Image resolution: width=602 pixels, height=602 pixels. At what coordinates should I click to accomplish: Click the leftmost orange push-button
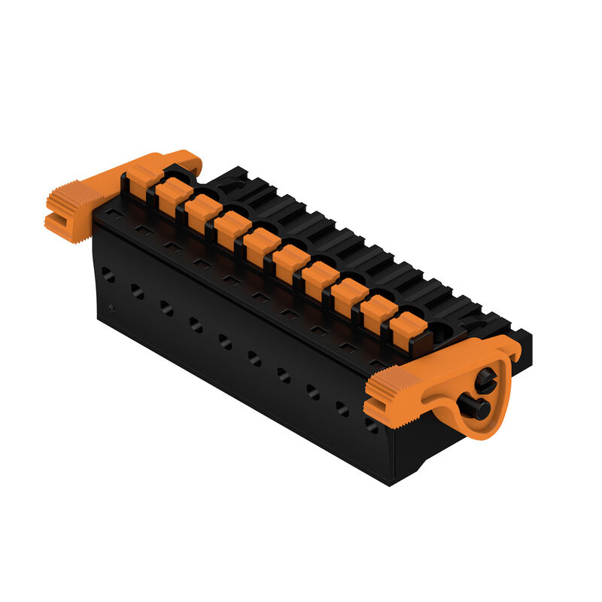(x=143, y=178)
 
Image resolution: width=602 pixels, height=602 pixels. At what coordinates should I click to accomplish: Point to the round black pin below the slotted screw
(x=479, y=409)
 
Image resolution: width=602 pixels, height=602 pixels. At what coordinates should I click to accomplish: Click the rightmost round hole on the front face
(x=371, y=425)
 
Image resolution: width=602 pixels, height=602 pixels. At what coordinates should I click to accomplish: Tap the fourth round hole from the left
(x=196, y=325)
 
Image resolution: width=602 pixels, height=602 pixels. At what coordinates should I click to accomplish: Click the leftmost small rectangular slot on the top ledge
(x=113, y=214)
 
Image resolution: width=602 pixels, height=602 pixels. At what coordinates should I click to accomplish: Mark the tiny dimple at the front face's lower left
(x=111, y=309)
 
